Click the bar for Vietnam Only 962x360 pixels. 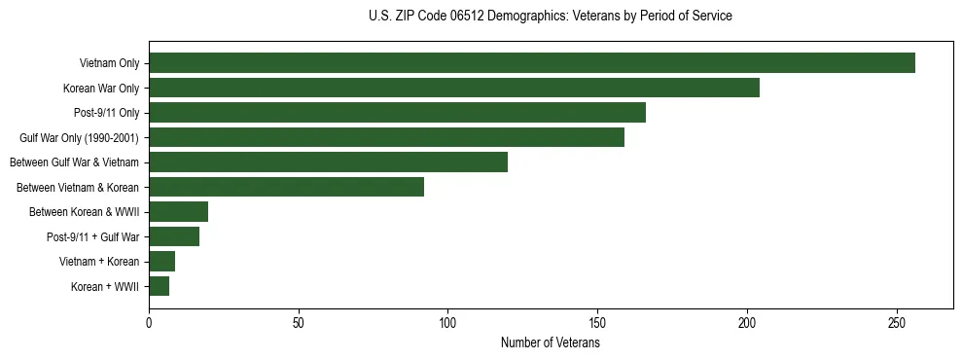[531, 63]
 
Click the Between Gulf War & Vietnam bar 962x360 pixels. [328, 162]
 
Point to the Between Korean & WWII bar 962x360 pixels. [178, 212]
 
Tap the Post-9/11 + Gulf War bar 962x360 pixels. [174, 236]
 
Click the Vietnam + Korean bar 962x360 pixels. [161, 262]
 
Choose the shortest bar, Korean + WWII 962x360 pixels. [159, 286]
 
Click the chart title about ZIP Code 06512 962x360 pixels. [551, 17]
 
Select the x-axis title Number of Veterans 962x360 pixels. [551, 343]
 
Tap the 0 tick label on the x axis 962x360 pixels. [149, 323]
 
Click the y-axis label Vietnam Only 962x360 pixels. [109, 63]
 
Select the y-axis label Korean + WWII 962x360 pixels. [105, 287]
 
